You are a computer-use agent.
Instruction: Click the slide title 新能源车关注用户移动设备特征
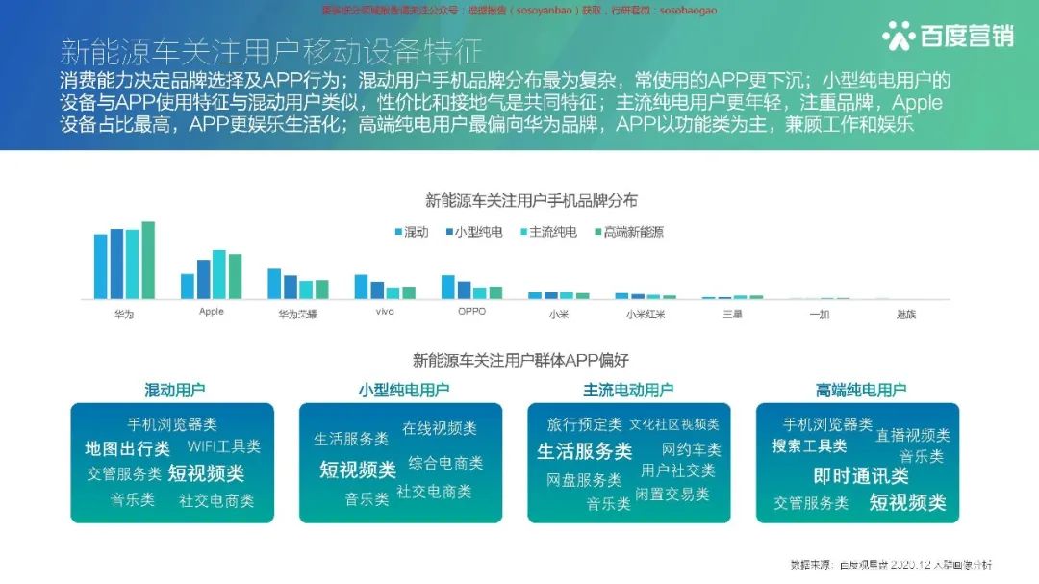270,51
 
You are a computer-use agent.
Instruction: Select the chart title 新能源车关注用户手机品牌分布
531,201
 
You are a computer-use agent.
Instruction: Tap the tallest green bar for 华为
148,261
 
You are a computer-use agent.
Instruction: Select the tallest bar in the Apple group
219,274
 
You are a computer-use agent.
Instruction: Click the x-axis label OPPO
471,312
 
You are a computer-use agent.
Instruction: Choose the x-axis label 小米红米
645,314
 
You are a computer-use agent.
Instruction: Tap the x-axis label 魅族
905,314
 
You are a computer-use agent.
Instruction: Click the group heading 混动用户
174,390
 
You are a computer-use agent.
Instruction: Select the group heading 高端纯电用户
860,390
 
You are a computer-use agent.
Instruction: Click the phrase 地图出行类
127,448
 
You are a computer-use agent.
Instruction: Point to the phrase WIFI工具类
224,446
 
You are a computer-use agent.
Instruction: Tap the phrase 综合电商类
445,463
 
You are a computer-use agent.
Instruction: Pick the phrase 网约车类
691,449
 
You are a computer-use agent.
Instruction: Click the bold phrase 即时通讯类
860,476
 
